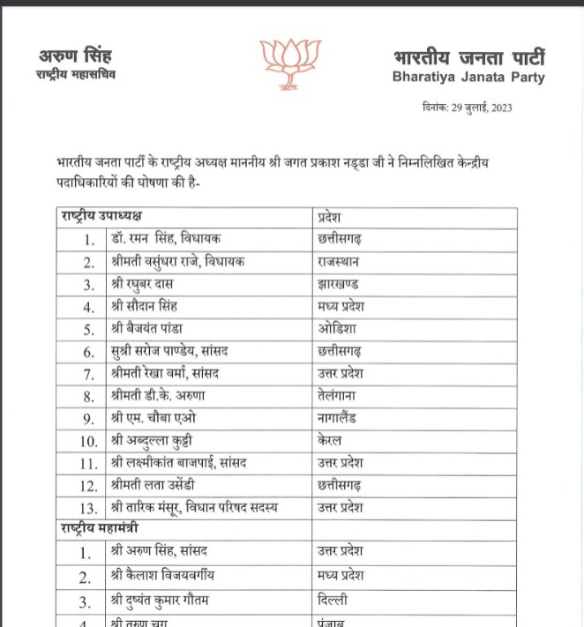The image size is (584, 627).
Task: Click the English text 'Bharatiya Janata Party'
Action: (x=468, y=78)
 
